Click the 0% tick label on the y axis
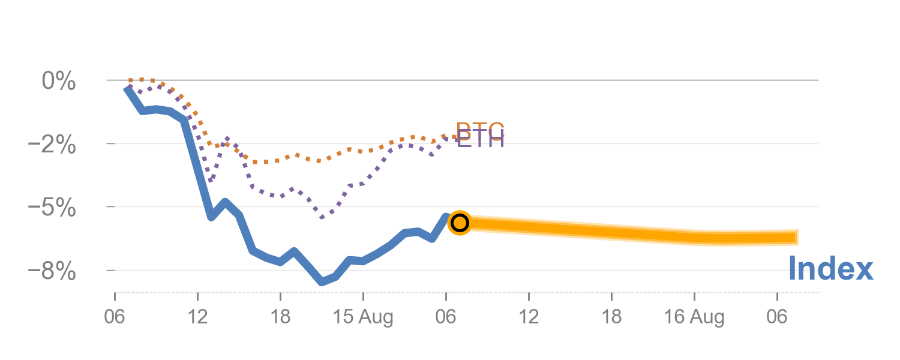[58, 80]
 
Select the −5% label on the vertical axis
[53, 208]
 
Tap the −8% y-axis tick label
[53, 271]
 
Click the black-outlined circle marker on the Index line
[459, 223]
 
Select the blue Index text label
[830, 269]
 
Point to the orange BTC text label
[480, 128]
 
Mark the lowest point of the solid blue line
[322, 281]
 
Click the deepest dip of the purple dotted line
[322, 217]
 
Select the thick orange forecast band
[630, 232]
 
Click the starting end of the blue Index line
[127, 88]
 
